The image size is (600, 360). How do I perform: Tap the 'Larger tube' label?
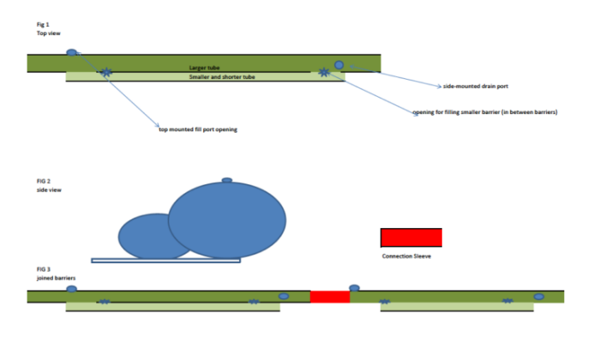(205, 67)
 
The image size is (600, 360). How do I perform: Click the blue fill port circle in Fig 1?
(72, 53)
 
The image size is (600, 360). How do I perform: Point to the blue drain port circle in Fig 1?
(339, 65)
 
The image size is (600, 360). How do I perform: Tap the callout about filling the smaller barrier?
(485, 112)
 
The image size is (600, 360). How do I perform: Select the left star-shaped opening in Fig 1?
(105, 73)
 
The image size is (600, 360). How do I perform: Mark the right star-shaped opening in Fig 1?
(323, 73)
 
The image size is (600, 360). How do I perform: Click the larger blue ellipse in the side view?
(226, 220)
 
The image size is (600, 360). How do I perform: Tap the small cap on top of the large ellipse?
(226, 180)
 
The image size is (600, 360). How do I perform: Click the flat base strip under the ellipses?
(165, 260)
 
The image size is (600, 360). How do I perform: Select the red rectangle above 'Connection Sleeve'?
(411, 237)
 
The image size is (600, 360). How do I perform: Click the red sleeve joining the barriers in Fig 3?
(330, 297)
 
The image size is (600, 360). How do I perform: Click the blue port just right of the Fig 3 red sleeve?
(354, 288)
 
